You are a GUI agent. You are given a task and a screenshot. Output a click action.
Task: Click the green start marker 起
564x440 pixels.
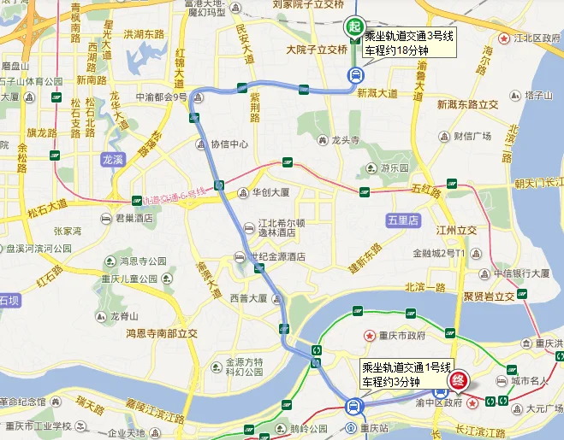point(354,27)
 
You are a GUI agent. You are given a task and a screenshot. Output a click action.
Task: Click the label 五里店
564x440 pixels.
point(405,220)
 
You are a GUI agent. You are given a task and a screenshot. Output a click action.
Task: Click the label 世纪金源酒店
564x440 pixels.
point(277,257)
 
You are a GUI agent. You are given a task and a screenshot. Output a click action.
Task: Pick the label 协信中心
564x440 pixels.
point(229,144)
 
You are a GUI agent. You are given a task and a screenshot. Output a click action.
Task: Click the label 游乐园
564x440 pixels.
point(395,168)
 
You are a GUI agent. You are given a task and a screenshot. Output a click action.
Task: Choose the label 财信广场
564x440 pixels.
point(472,136)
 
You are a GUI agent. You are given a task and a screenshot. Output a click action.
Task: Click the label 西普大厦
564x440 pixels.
point(249,299)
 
